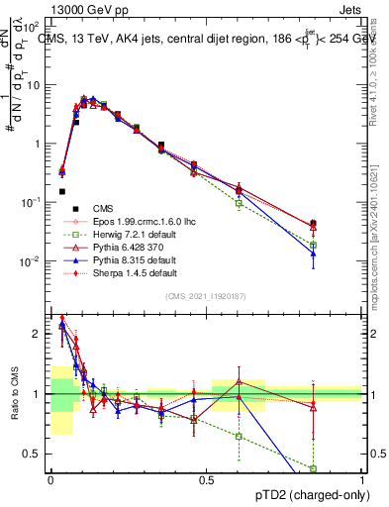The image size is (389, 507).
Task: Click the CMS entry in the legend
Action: coord(103,208)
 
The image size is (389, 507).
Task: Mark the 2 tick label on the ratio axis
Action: coord(38,334)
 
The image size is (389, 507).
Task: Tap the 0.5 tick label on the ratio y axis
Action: coord(34,454)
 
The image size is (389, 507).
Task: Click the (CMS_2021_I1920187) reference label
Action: coord(205,296)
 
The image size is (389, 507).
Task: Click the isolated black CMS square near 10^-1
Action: coord(62,191)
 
